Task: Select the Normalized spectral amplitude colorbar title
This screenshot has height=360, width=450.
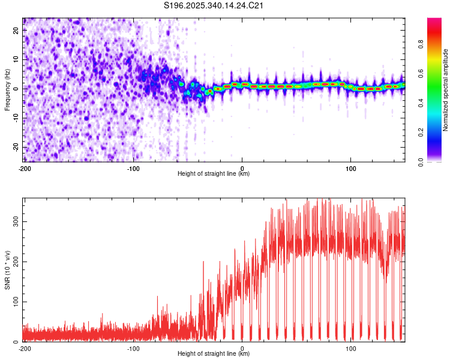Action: pyautogui.click(x=446, y=90)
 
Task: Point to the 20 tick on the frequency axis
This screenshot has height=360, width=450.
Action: pyautogui.click(x=17, y=31)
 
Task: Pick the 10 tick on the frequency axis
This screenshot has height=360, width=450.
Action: pyautogui.click(x=17, y=60)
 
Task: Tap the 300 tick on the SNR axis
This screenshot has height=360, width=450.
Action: pyautogui.click(x=14, y=221)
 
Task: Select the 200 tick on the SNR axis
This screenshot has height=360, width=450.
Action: pyautogui.click(x=14, y=262)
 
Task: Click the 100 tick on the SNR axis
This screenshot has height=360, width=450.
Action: pyautogui.click(x=14, y=301)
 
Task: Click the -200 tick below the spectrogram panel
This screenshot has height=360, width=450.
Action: pyautogui.click(x=25, y=168)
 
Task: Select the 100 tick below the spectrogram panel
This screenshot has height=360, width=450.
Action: pyautogui.click(x=351, y=168)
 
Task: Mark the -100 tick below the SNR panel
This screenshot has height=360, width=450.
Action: pyautogui.click(x=133, y=348)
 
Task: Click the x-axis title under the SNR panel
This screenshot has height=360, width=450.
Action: pyautogui.click(x=214, y=354)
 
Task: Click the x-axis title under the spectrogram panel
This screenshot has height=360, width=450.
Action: pyautogui.click(x=214, y=174)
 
